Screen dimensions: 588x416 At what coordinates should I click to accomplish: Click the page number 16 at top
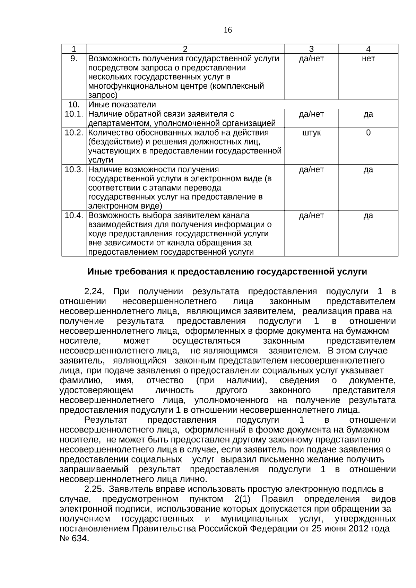point(228,30)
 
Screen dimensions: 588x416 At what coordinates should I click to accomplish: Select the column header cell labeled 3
point(311,49)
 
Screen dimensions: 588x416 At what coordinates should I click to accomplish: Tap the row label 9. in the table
point(74,59)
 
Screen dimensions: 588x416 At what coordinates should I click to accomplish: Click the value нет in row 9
point(368,59)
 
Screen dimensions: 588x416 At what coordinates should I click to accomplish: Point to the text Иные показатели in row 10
point(122,104)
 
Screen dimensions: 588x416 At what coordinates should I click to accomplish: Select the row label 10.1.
point(74,114)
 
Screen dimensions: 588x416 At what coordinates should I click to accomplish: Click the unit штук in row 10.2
point(311,133)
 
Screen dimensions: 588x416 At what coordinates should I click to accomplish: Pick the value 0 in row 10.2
point(368,133)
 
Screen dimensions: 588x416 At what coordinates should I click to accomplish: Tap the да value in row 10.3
point(368,169)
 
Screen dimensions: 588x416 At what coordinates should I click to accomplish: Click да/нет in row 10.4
point(311,216)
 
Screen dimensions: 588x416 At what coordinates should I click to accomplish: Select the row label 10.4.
point(74,216)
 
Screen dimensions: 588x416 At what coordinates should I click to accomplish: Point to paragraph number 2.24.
point(94,291)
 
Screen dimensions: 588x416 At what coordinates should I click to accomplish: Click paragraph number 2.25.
point(94,489)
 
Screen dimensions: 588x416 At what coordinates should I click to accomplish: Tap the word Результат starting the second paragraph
point(106,420)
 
